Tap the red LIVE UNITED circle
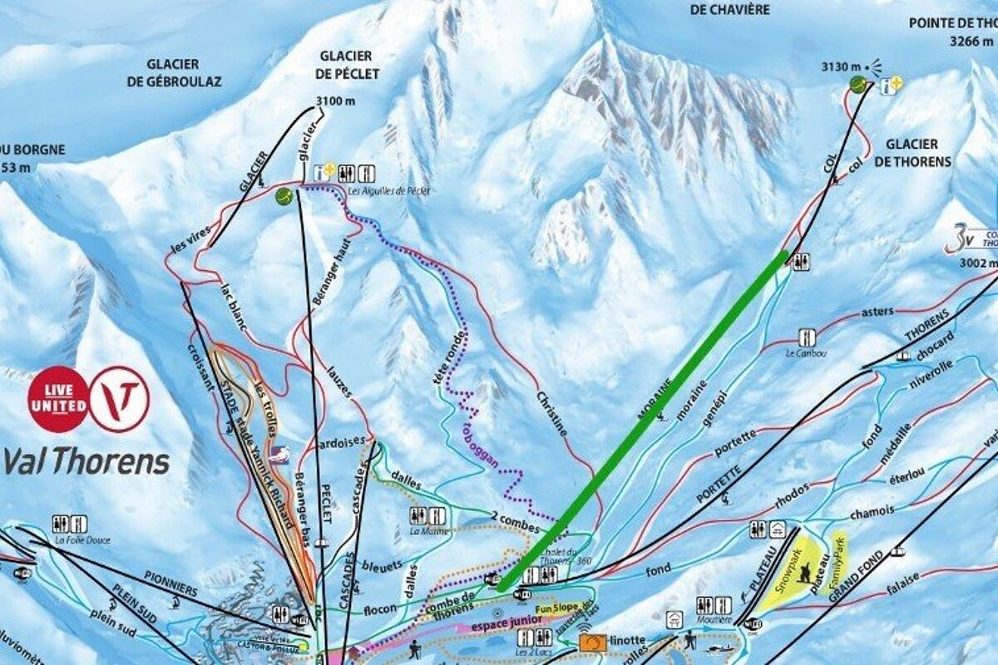coord(58,399)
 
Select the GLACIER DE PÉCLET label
coord(348,65)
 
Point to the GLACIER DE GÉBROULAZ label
coord(174,72)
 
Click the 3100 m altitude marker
coord(335,101)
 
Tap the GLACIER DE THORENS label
coord(912,152)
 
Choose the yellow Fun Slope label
coord(557,608)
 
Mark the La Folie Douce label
coord(82,539)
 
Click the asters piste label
coord(877,312)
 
